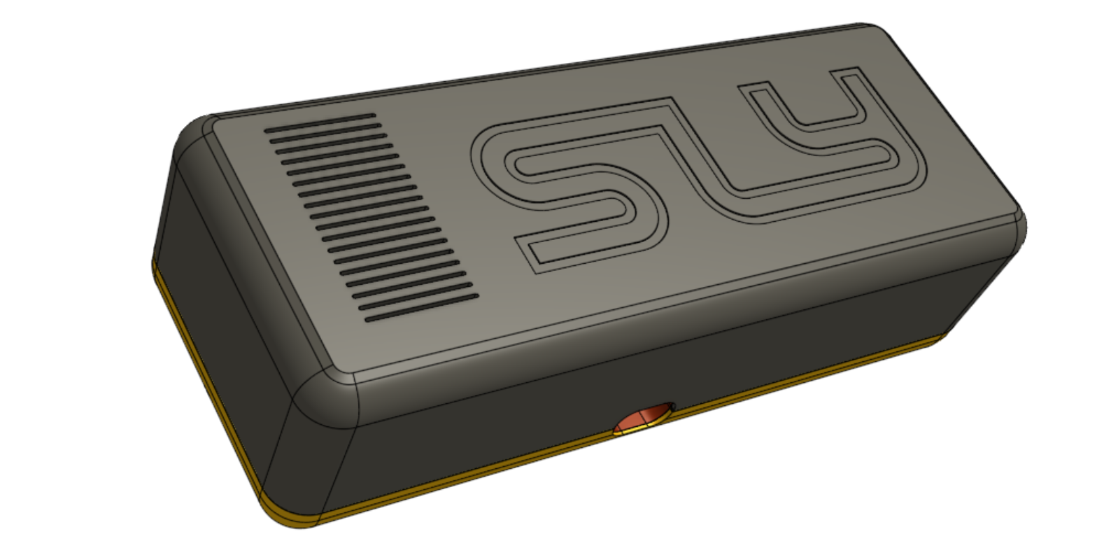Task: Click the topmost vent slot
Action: coord(319,117)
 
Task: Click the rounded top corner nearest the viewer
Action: coord(329,392)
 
